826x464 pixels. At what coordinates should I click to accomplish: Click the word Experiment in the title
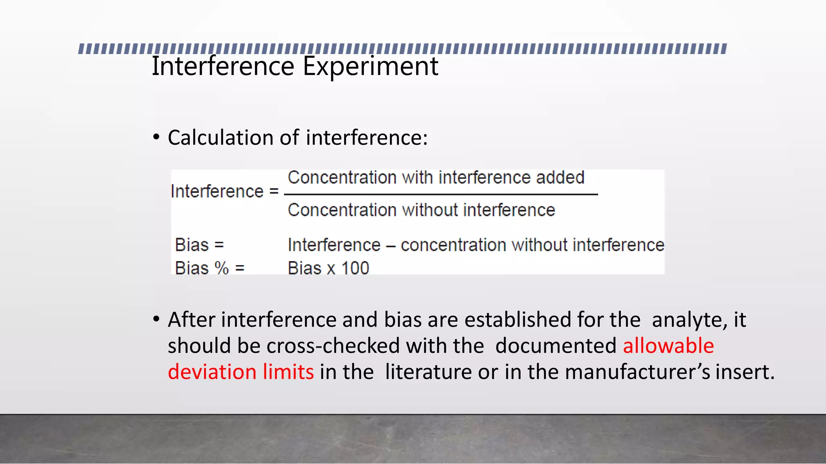coord(370,66)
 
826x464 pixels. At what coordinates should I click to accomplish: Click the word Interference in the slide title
coord(223,66)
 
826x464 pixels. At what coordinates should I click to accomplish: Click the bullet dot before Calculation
coord(156,137)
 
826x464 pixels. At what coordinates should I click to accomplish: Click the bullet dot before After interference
coord(156,319)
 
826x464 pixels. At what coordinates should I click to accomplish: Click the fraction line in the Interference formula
coord(440,195)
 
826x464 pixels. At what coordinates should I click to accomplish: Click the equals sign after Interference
coord(274,191)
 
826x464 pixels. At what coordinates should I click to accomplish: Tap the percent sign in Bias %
coord(221,268)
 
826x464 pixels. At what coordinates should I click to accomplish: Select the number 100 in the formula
coord(355,268)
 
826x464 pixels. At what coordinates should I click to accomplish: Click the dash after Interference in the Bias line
coord(390,246)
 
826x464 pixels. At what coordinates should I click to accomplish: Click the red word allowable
coord(668,346)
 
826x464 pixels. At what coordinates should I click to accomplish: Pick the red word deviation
coord(212,371)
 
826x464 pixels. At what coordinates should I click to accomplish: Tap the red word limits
coord(288,371)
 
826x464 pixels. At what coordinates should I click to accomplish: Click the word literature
coord(428,372)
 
